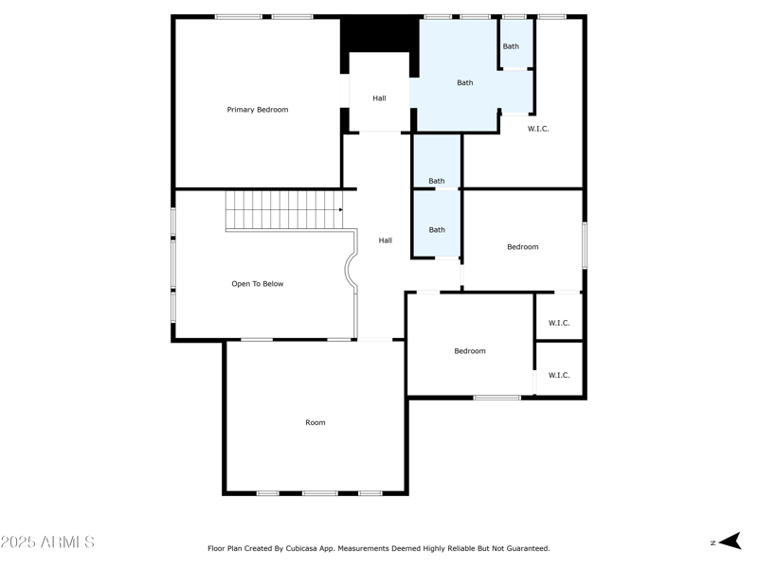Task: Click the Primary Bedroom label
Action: point(257,110)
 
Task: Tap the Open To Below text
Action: point(258,284)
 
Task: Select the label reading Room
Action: point(316,422)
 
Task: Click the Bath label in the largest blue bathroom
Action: point(465,83)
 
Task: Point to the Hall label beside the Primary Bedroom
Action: point(379,98)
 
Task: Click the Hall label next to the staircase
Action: point(386,240)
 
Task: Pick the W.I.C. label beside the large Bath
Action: point(538,129)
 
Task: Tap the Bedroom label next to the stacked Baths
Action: point(522,247)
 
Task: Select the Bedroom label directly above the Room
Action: point(469,351)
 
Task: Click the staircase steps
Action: point(282,210)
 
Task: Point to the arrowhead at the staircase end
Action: point(340,210)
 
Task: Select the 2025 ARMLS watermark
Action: point(47,542)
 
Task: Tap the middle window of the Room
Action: point(319,493)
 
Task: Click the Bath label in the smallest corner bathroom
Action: point(511,46)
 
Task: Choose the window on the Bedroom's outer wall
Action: point(585,246)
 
